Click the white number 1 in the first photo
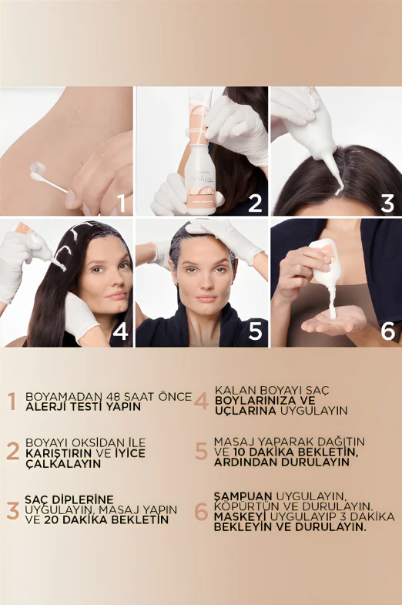click(119, 203)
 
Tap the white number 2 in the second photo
click(255, 203)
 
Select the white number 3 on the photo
click(387, 203)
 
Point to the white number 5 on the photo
click(255, 332)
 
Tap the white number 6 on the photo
click(387, 332)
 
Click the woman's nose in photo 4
click(116, 281)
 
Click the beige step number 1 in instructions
click(12, 402)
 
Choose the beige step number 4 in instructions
click(201, 401)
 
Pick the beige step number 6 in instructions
click(201, 511)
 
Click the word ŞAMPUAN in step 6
click(244, 495)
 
